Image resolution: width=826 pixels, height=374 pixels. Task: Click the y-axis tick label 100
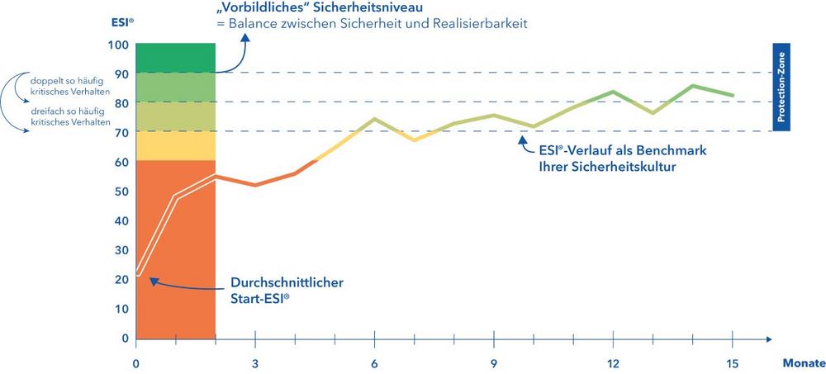coord(119,44)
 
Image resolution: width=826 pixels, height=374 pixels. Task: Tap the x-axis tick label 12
coord(613,363)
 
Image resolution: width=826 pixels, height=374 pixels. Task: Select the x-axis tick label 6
coord(374,363)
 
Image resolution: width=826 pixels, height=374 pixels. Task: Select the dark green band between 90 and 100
coord(174,58)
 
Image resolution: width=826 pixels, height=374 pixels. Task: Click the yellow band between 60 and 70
coord(174,146)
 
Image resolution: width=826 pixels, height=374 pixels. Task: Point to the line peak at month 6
coord(374,119)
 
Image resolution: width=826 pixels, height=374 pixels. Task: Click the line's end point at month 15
coord(732,96)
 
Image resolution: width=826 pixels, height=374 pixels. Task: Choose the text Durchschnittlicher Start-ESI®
coord(286,291)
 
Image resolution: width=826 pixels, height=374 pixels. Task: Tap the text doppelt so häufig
coord(63,82)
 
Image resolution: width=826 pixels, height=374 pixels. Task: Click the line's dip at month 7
coord(414,140)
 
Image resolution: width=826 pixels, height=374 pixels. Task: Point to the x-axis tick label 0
coord(136,363)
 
